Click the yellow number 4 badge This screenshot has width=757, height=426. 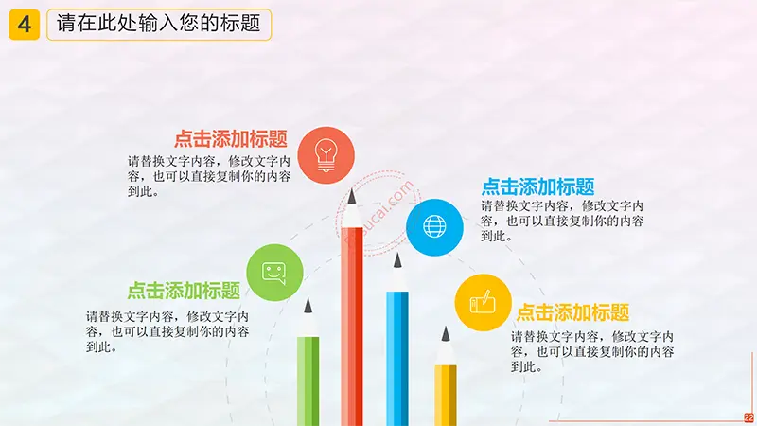point(25,25)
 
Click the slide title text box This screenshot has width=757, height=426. point(159,25)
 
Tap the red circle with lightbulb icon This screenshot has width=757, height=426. point(326,155)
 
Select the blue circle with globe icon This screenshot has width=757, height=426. point(434,227)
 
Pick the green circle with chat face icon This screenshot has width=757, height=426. point(274,273)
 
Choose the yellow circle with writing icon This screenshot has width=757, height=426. point(483,303)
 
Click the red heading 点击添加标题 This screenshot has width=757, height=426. point(231,139)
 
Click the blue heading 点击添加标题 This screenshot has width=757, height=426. point(537,186)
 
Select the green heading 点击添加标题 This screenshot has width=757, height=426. point(184,291)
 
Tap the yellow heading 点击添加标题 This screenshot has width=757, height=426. point(572,313)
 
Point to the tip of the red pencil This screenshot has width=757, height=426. point(352,190)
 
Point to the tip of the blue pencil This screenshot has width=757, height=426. point(397,254)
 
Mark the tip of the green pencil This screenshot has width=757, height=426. point(308,299)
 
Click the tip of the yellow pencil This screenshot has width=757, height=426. point(446,327)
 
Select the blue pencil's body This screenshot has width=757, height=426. point(397,359)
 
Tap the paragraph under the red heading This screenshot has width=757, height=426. point(209,176)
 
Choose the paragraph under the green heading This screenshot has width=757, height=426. point(167,332)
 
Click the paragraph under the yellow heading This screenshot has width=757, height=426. point(592,351)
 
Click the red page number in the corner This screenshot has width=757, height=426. point(748,417)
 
